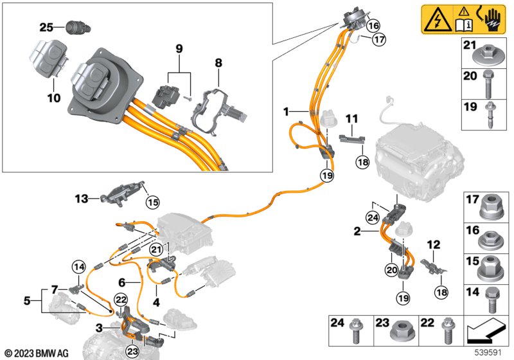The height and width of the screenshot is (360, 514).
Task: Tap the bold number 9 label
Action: pyautogui.click(x=179, y=48)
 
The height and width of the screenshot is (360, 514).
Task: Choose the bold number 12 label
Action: pyautogui.click(x=435, y=244)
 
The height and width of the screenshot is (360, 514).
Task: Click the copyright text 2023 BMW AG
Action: pyautogui.click(x=37, y=352)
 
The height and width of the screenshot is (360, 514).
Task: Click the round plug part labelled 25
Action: pyautogui.click(x=75, y=28)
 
